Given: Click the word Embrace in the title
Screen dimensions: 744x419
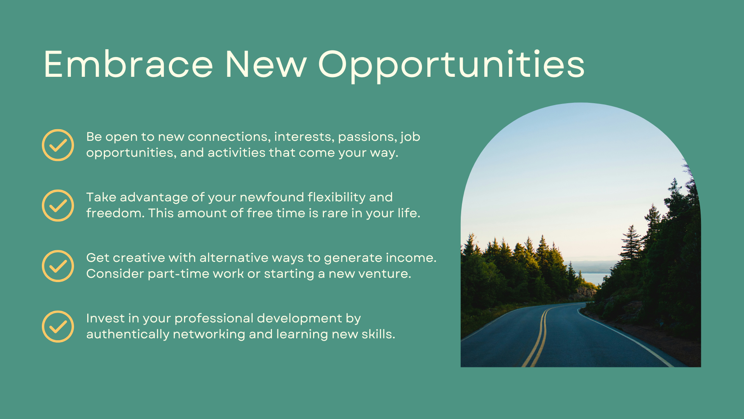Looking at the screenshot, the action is click(128, 64).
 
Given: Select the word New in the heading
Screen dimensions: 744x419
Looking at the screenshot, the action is click(266, 64).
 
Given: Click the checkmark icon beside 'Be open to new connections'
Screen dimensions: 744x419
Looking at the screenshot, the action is click(58, 145).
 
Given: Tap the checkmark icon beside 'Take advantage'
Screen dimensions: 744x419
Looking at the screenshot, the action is click(58, 206).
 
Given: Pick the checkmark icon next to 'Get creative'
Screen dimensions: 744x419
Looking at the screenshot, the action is click(58, 266).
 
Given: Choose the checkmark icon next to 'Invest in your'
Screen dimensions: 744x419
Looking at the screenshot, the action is click(58, 327).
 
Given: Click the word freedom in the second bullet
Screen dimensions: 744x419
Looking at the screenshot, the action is click(115, 213).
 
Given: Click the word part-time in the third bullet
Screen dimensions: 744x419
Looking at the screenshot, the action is click(179, 274).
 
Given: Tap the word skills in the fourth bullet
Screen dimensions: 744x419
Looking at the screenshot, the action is click(378, 334).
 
